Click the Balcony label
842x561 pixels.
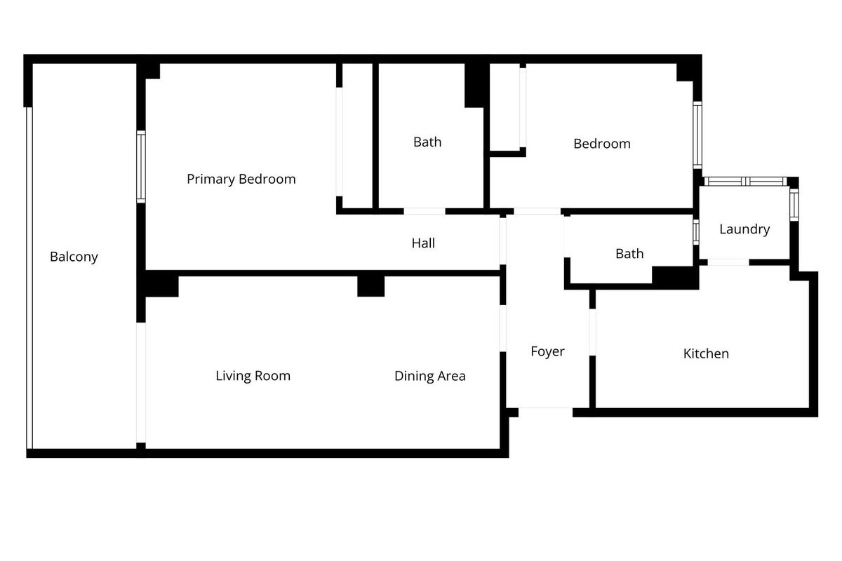74,257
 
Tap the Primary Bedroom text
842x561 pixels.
241,180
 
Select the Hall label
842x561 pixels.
423,243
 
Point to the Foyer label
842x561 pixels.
547,352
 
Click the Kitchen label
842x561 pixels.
706,353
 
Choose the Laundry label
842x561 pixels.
744,229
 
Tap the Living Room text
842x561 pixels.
253,376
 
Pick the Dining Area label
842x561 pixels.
430,376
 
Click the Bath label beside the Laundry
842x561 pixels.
629,254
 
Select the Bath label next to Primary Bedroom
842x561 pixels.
427,142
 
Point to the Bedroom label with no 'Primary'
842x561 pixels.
602,144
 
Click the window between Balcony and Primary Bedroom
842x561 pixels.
141,167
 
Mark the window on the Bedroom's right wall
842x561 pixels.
697,135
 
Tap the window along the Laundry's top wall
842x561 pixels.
745,182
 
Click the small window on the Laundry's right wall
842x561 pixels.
794,205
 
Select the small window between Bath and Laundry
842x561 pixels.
696,232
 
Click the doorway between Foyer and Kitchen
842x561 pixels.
592,332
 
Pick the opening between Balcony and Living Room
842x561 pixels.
141,382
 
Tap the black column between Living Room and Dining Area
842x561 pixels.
370,286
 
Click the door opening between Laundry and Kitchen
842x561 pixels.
728,262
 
